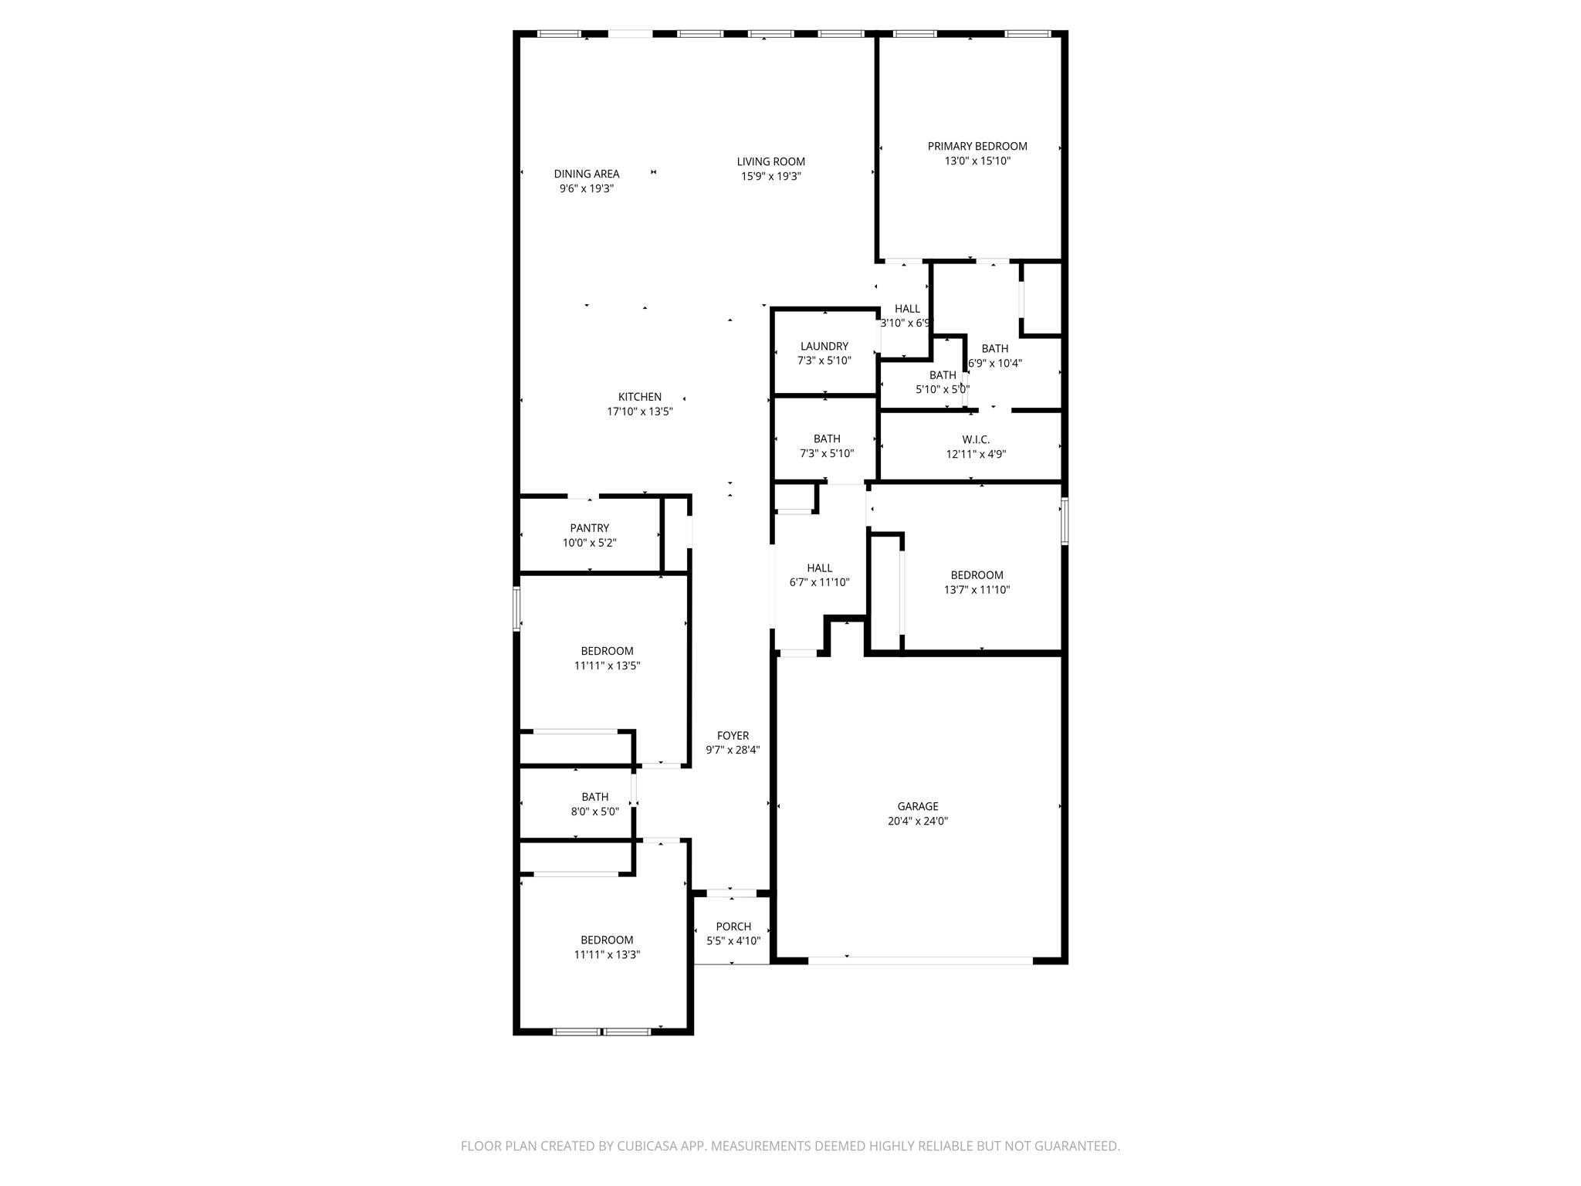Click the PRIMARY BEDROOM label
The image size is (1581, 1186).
pos(977,146)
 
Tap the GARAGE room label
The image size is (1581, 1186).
pos(917,806)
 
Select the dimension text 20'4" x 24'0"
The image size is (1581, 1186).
pos(917,822)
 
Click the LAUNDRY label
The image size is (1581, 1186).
pos(824,346)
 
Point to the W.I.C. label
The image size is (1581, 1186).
pos(976,439)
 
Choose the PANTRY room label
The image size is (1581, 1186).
pos(589,528)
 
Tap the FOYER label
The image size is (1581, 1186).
pos(733,735)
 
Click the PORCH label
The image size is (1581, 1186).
pos(733,927)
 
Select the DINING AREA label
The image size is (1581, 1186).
pos(586,174)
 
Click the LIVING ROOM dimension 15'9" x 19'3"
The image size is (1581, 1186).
pos(770,176)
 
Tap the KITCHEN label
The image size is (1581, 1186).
pos(639,397)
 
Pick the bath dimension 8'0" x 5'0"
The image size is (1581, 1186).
pos(594,812)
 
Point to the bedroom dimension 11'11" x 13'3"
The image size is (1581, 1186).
pos(607,954)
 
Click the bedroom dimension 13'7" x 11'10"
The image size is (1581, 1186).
pos(977,590)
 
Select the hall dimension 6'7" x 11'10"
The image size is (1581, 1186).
pos(819,582)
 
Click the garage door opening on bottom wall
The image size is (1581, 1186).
pos(920,961)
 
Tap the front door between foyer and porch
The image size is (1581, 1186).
pos(731,893)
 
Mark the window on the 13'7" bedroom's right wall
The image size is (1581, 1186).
pos(1064,521)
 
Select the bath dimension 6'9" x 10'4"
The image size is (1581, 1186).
pos(995,363)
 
